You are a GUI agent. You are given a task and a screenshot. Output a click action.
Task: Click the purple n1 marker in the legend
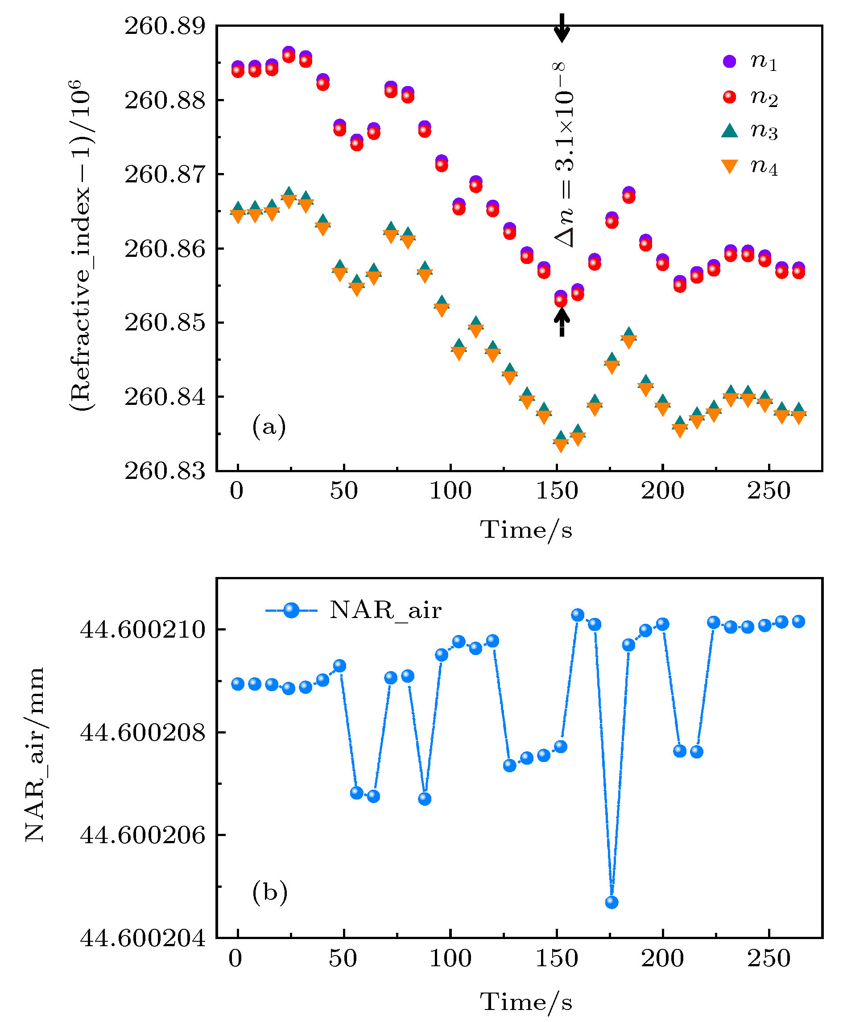pyautogui.click(x=729, y=61)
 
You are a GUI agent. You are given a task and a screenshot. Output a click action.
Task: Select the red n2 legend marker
pyautogui.click(x=729, y=97)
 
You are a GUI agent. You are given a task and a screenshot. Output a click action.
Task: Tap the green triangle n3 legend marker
pyautogui.click(x=729, y=131)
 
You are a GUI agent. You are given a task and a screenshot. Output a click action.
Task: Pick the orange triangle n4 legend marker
pyautogui.click(x=729, y=166)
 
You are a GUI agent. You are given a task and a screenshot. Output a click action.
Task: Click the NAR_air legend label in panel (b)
pyautogui.click(x=385, y=610)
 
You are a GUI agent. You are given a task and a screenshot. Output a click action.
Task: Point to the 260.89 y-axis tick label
pyautogui.click(x=165, y=26)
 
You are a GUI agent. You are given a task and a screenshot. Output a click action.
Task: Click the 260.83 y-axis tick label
pyautogui.click(x=165, y=471)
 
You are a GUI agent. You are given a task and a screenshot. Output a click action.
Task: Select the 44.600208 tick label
pyautogui.click(x=143, y=731)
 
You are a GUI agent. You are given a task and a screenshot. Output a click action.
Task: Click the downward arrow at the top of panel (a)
pyautogui.click(x=562, y=28)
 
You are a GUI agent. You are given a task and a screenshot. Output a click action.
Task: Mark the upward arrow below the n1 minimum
pyautogui.click(x=562, y=322)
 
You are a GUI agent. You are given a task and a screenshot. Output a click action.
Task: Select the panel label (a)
pyautogui.click(x=269, y=426)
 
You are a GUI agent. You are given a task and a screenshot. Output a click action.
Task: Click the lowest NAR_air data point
pyautogui.click(x=612, y=902)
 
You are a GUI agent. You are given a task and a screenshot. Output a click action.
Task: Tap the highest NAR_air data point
pyautogui.click(x=577, y=615)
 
